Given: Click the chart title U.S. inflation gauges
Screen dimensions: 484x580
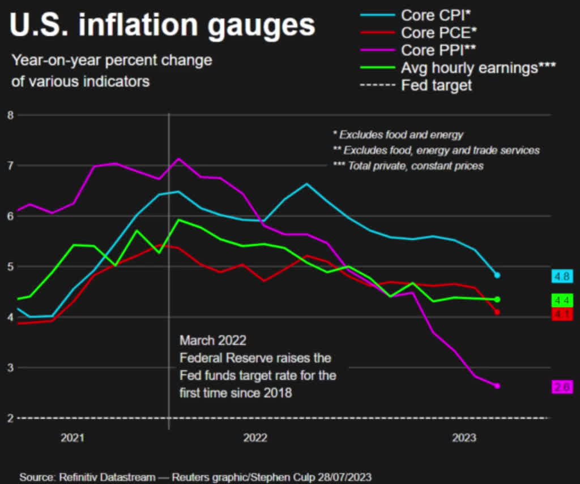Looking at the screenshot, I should point(162,25).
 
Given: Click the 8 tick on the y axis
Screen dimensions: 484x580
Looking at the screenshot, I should point(8,115).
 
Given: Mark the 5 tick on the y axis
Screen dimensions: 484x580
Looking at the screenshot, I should point(8,266).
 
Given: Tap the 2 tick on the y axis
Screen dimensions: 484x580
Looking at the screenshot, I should point(8,418).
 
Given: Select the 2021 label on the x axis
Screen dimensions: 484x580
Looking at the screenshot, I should point(72,438).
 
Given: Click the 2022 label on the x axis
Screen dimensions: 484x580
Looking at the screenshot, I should point(255,438).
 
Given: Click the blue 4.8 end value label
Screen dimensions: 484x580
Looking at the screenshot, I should point(562,276).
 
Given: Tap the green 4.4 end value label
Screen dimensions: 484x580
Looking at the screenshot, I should point(562,300).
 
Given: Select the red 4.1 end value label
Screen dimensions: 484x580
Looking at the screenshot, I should point(562,314).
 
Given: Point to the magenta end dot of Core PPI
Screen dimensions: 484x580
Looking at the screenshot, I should point(497,386).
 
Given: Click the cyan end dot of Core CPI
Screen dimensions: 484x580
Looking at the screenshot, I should point(497,275).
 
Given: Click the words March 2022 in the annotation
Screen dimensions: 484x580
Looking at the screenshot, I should point(213,340).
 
